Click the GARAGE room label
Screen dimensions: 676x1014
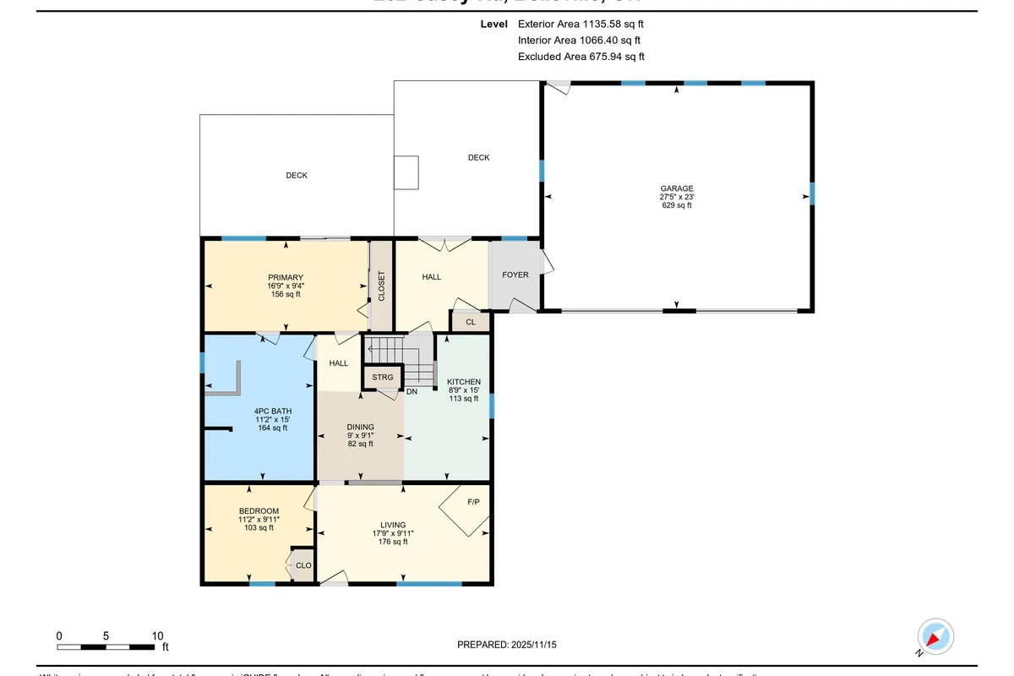click(x=677, y=188)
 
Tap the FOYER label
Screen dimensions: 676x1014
click(x=515, y=275)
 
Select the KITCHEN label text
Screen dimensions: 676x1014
click(x=464, y=382)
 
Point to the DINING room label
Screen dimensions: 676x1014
click(x=360, y=428)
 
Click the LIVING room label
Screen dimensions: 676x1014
click(x=393, y=525)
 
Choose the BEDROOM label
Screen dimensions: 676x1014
click(x=259, y=511)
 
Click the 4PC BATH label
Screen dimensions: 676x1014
click(x=272, y=411)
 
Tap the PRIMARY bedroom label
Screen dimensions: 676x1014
click(x=286, y=277)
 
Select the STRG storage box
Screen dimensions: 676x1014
click(x=383, y=377)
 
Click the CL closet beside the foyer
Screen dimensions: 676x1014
click(x=471, y=322)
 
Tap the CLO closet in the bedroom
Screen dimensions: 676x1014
click(x=303, y=566)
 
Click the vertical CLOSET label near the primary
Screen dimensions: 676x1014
click(x=381, y=286)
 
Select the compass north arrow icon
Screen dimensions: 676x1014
click(x=935, y=636)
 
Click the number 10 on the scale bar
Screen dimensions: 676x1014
click(x=156, y=635)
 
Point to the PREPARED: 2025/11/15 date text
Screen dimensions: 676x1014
click(x=507, y=645)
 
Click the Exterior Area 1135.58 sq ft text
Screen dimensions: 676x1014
click(x=586, y=25)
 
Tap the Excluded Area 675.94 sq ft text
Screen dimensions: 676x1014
click(x=581, y=57)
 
